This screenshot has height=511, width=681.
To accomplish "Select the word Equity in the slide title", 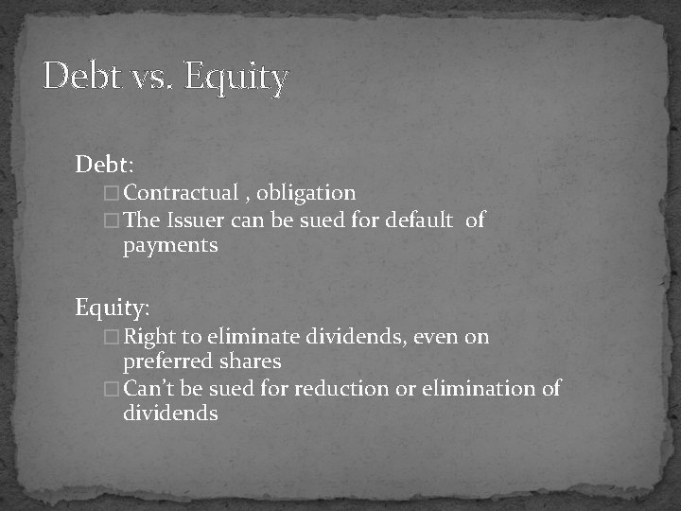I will click(236, 78).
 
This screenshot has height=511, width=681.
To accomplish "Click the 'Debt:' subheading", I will click(105, 165).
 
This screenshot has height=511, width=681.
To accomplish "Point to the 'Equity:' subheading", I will click(113, 308).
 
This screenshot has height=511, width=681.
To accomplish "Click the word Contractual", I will click(181, 193).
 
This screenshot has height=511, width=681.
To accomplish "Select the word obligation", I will click(306, 193).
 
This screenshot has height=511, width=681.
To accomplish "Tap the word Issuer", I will click(195, 220).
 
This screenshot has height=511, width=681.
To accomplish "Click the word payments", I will click(170, 246).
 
